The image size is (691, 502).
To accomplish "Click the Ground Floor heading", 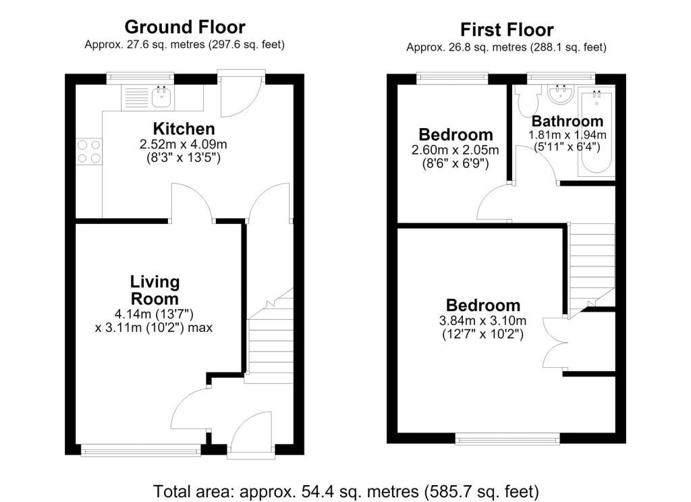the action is (x=185, y=27).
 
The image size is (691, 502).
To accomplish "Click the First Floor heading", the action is (x=507, y=30).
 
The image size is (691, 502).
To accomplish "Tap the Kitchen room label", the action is (x=184, y=129).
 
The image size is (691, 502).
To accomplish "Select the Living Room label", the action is (x=155, y=290).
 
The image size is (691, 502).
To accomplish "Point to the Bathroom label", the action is (x=567, y=121).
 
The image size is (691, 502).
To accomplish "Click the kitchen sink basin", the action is (x=161, y=97).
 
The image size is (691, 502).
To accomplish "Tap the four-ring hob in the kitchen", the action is (x=89, y=152).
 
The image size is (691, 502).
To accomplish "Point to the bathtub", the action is (x=597, y=132).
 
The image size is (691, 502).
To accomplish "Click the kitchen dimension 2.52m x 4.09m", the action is (x=184, y=144).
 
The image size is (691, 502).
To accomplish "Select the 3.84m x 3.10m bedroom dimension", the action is (x=482, y=321).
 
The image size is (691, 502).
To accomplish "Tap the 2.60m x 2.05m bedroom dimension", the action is (x=455, y=150).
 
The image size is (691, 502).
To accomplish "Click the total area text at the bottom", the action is (x=346, y=491).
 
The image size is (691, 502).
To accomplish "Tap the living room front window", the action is (x=141, y=450).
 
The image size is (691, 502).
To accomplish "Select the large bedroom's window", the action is (x=507, y=438).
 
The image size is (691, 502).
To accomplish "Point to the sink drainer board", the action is (x=136, y=97).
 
